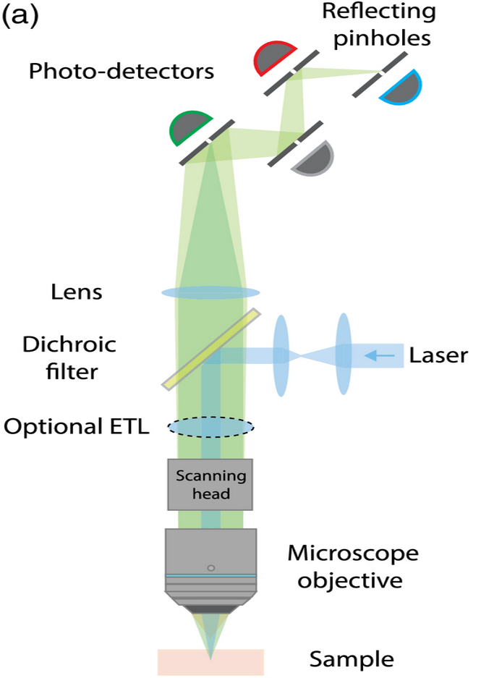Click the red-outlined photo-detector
[x=273, y=60]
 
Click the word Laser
[x=438, y=355]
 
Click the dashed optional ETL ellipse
[x=210, y=428]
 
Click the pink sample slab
[x=210, y=660]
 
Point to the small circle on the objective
[x=210, y=568]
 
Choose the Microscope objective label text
[x=353, y=567]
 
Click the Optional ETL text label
[x=76, y=427]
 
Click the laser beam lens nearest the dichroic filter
[x=281, y=355]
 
